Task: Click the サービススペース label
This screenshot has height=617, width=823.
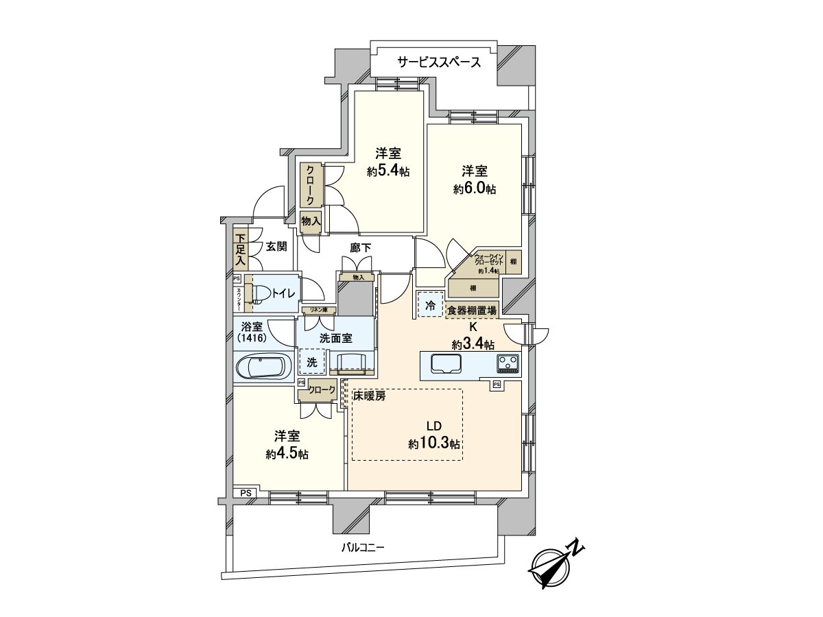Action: (x=439, y=62)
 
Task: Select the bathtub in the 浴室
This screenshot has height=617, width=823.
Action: (x=263, y=367)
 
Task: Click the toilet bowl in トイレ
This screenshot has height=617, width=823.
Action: (x=261, y=293)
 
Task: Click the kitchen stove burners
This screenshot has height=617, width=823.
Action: (x=508, y=362)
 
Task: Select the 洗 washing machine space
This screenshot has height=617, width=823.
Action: (x=312, y=361)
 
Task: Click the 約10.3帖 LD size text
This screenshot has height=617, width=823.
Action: (x=435, y=444)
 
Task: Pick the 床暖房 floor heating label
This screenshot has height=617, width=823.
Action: (x=370, y=396)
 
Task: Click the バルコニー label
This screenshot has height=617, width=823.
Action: (x=363, y=548)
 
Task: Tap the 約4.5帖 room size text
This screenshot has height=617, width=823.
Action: (x=287, y=454)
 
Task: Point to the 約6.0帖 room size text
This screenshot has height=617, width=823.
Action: (x=475, y=189)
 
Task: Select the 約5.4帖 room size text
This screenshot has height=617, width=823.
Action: (x=388, y=171)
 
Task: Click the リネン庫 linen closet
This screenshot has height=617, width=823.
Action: (x=319, y=310)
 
